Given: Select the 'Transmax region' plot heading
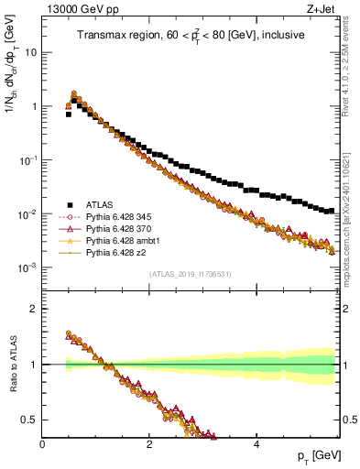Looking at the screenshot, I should [191, 35].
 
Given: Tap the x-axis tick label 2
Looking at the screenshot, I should [149, 444].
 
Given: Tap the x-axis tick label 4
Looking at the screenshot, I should [256, 444].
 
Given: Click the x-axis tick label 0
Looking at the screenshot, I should [43, 444].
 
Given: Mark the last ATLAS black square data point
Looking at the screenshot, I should [332, 210].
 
